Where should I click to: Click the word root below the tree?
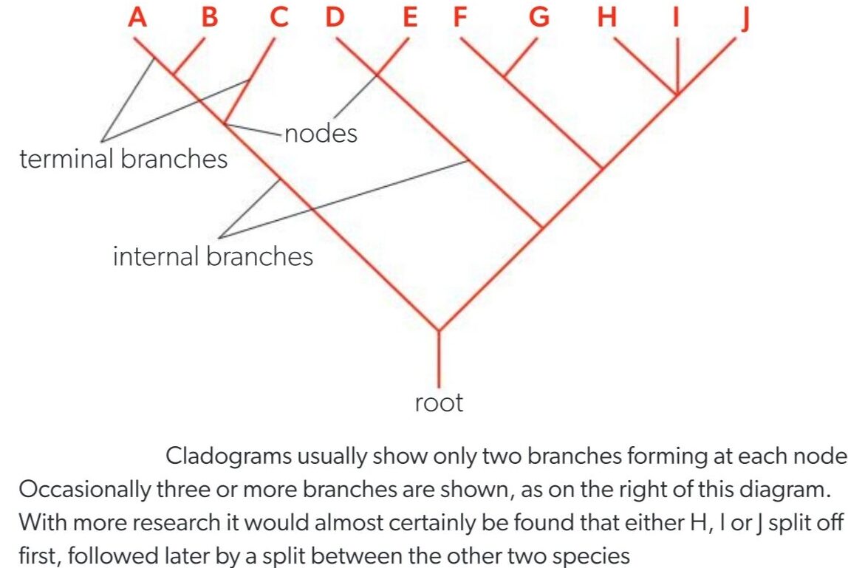click(439, 403)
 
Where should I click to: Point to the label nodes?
click(321, 134)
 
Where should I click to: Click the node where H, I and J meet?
click(676, 94)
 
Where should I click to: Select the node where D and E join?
click(377, 74)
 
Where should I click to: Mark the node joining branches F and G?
click(505, 75)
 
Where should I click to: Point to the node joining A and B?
click(175, 73)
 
